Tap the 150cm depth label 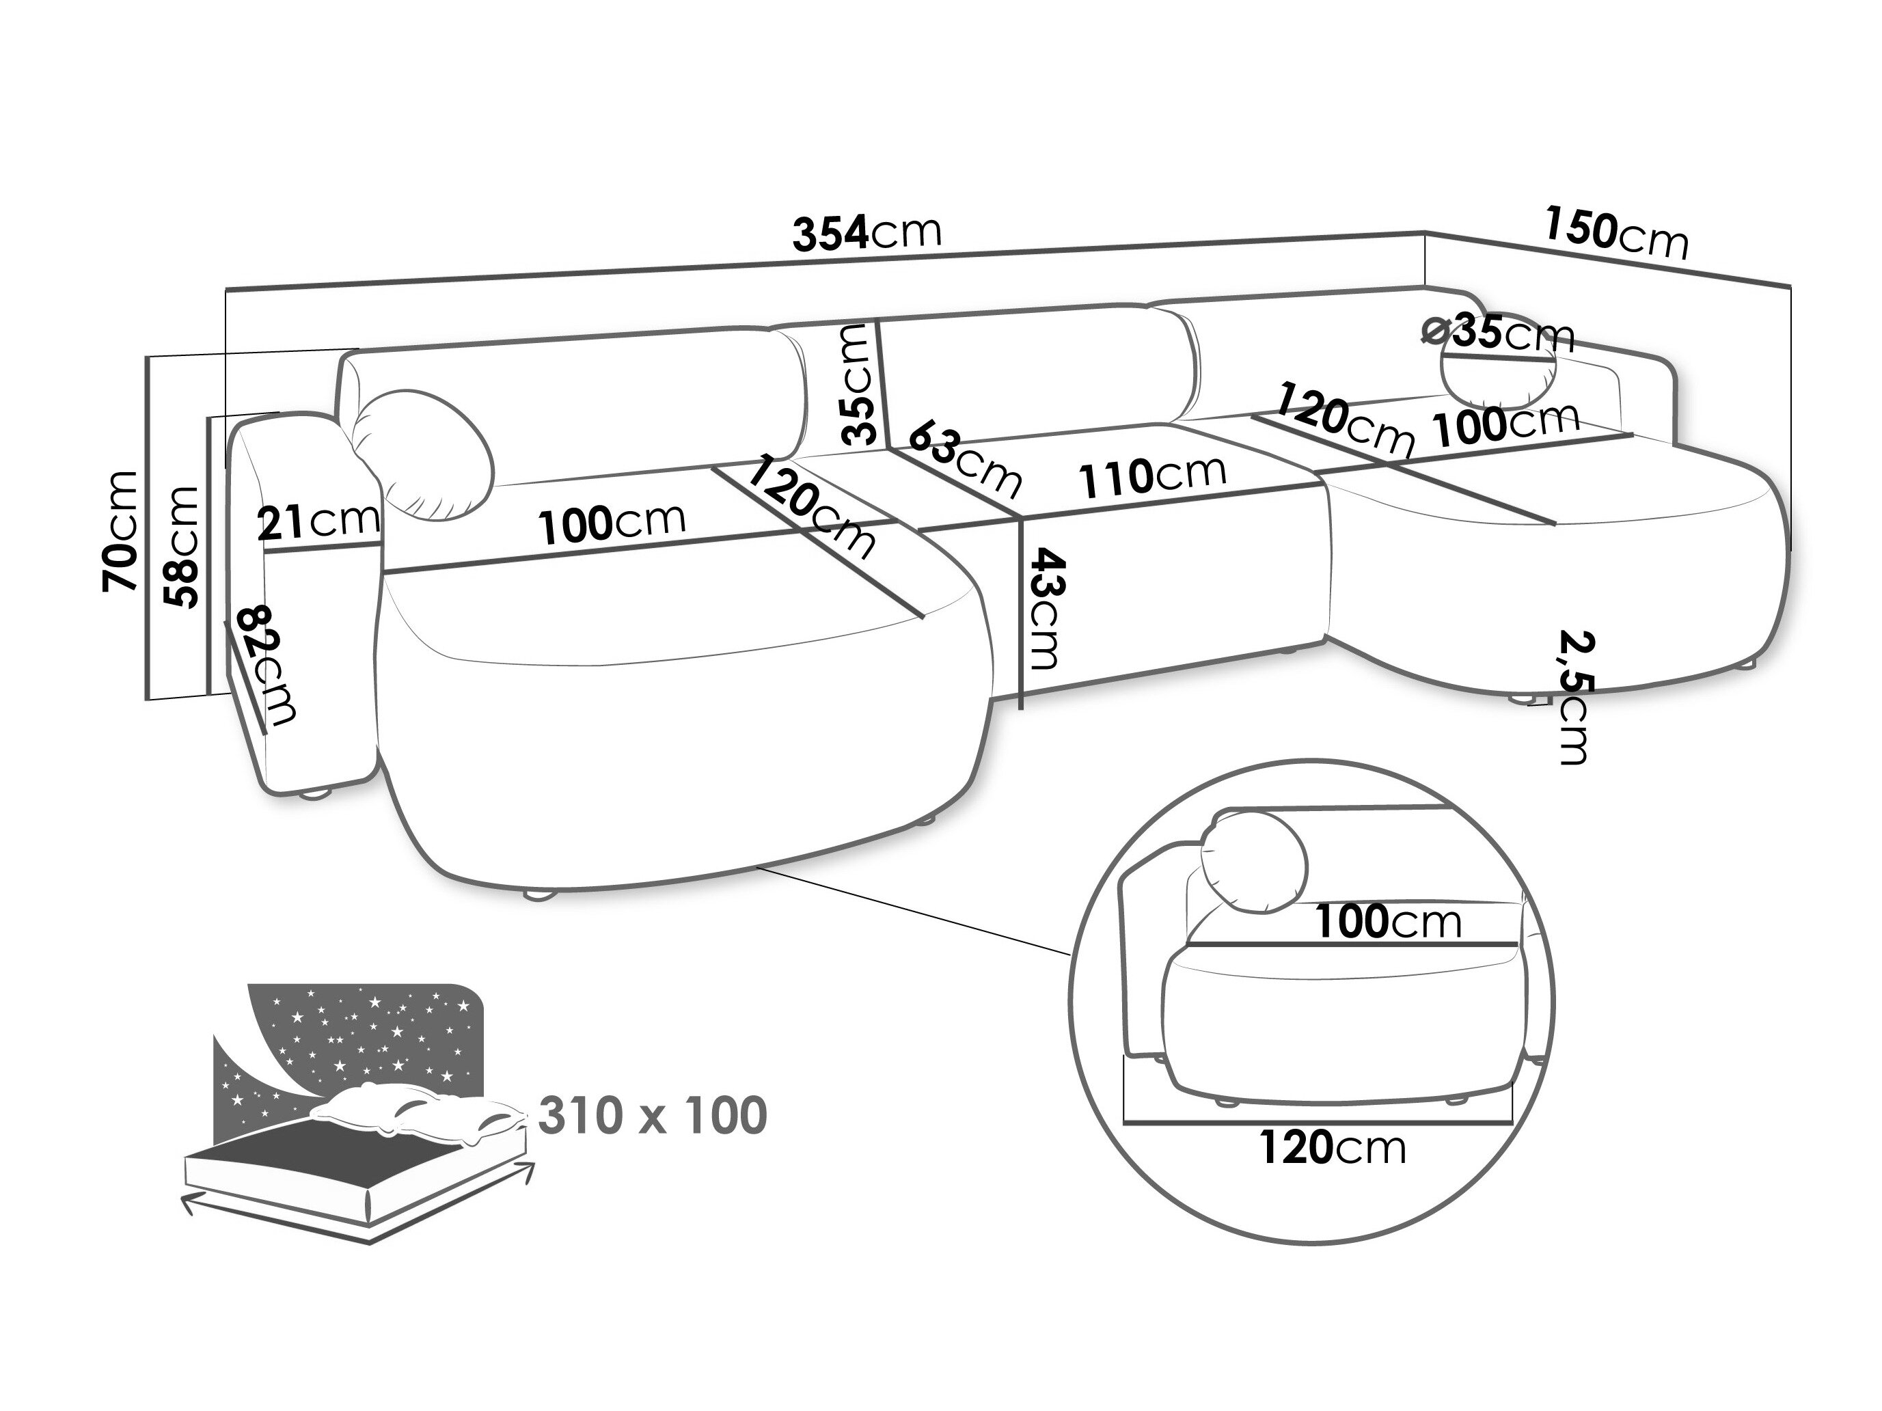1614,233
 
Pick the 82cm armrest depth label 267,664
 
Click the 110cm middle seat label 1153,477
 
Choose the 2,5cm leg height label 1574,696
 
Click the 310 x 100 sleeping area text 653,1116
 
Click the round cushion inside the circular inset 1253,861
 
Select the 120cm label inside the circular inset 1333,1148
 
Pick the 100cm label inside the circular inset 1389,920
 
